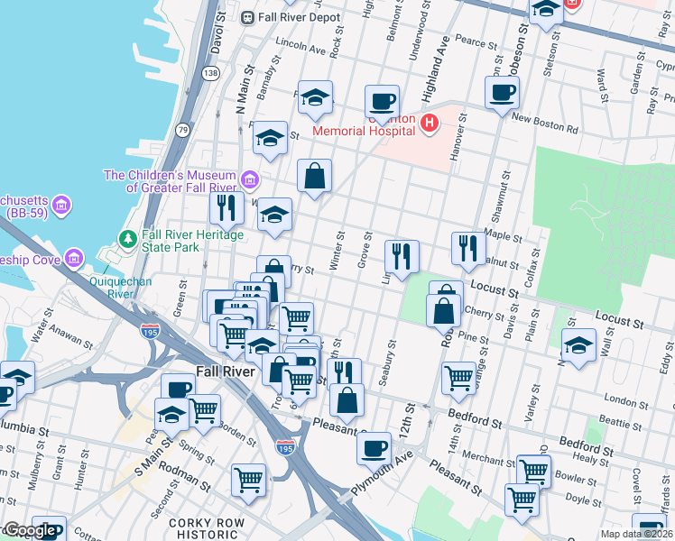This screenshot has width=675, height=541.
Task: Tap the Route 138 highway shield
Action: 210,73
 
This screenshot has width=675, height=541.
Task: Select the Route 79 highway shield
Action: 182,131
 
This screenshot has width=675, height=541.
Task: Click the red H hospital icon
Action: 430,123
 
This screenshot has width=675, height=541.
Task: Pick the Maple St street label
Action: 504,236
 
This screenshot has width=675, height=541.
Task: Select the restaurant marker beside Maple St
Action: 467,247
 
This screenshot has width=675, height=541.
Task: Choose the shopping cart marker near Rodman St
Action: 248,479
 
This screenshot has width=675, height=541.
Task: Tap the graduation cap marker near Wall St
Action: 578,345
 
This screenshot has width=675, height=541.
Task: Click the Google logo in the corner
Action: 28,530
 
